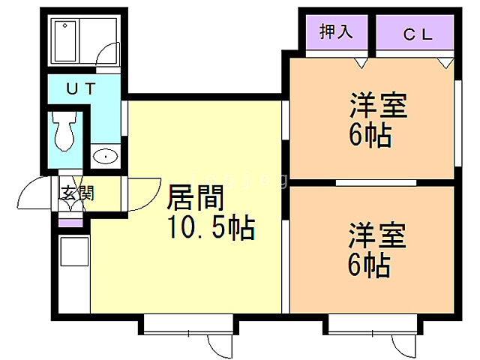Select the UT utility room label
80,88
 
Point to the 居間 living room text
194,199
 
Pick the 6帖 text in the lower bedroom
369,265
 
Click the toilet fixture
64,130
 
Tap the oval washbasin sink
106,157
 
